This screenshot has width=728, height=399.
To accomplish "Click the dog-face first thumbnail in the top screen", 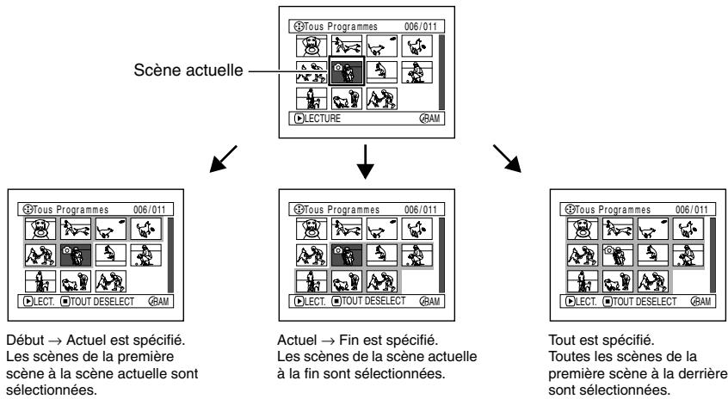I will click(311, 46).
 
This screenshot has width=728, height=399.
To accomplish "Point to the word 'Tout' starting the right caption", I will click(559, 334).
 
